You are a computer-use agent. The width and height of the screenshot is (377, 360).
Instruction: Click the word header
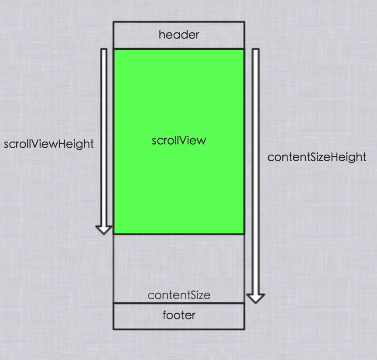[x=179, y=35]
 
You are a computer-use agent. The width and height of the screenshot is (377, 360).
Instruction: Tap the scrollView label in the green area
[x=178, y=141]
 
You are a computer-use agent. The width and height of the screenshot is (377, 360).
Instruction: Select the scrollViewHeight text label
[x=49, y=144]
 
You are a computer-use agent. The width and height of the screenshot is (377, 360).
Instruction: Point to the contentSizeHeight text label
[x=316, y=157]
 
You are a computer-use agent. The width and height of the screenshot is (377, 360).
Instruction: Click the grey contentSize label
[x=179, y=295]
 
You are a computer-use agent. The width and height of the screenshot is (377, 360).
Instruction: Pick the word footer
[x=179, y=315]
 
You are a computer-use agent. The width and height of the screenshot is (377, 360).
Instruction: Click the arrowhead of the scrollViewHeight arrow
[x=104, y=229]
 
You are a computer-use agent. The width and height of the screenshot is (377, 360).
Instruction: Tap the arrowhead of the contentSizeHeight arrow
[x=256, y=298]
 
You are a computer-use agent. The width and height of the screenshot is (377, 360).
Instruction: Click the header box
[x=131, y=35]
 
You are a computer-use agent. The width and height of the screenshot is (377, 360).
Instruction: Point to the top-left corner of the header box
[x=113, y=22]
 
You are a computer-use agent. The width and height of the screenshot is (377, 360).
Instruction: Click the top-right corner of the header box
[x=244, y=22]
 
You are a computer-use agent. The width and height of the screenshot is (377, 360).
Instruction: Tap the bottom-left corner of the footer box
[x=113, y=329]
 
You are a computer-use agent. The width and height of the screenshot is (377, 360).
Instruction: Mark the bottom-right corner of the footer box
[x=244, y=329]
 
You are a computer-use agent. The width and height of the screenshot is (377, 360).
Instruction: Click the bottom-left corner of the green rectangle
[x=114, y=234]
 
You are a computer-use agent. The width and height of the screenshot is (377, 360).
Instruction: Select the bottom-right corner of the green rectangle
[x=244, y=234]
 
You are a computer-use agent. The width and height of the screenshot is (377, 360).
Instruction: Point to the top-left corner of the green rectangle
[x=114, y=49]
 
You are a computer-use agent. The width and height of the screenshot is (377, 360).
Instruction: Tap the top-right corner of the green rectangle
[x=244, y=49]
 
